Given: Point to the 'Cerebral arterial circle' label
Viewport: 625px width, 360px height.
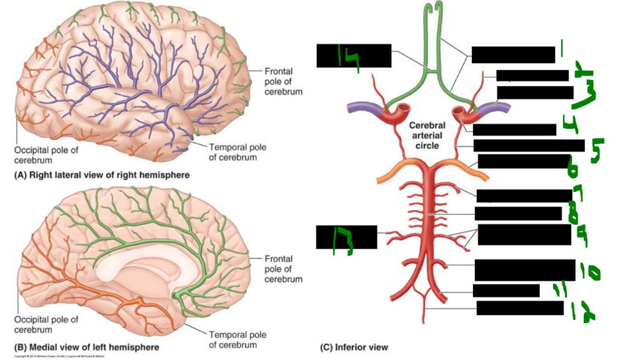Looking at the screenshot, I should [427, 135].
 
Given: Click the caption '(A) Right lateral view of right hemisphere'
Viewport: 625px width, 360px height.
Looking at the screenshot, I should [101, 175].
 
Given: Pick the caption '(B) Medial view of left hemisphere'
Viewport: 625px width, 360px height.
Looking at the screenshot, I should [87, 347].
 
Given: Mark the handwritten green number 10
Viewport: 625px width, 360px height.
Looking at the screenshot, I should [590, 272].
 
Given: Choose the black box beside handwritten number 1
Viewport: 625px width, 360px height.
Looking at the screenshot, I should [512, 54].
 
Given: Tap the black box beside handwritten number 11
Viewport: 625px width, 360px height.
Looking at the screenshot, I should [506, 291].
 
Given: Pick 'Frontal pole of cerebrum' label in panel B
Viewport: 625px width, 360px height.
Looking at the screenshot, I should [283, 269].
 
